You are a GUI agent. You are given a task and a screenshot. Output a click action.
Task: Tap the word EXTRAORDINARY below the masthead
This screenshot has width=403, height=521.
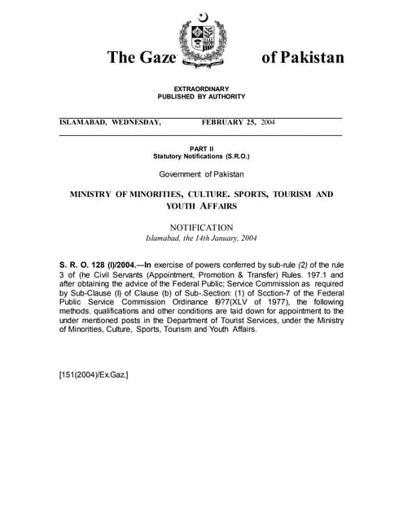pyautogui.click(x=201, y=89)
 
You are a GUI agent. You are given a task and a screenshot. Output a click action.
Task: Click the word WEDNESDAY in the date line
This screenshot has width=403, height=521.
pyautogui.click(x=136, y=122)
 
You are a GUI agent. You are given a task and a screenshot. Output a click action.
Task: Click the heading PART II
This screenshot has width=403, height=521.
pyautogui.click(x=201, y=147)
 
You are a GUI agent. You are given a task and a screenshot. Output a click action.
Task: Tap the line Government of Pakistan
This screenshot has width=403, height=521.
pyautogui.click(x=201, y=174)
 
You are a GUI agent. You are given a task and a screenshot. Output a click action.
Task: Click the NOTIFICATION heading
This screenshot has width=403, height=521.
pyautogui.click(x=201, y=227)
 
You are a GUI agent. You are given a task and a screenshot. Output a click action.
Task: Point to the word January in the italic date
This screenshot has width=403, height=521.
pyautogui.click(x=222, y=239)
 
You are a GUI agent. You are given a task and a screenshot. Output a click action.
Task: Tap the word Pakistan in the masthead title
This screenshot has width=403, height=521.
pyautogui.click(x=304, y=57)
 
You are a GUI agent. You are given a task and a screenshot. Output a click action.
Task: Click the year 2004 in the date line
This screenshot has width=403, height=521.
pyautogui.click(x=267, y=122)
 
